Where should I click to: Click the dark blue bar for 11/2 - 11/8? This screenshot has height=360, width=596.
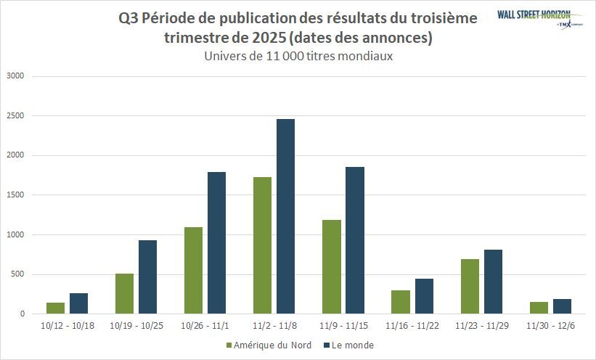(285, 216)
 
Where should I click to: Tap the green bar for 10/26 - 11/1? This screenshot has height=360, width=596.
(193, 270)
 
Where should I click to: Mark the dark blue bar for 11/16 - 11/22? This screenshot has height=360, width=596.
(423, 296)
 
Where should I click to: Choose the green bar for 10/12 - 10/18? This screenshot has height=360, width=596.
(56, 308)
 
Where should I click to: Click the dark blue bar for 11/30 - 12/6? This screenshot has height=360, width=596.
(561, 306)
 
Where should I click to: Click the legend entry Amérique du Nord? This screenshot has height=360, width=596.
(269, 345)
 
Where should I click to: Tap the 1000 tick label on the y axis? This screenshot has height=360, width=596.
(15, 234)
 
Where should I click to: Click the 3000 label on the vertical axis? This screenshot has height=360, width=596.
(15, 75)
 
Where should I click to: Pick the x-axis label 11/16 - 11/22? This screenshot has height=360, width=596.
(412, 326)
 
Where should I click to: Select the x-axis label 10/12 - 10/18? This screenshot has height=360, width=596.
(68, 326)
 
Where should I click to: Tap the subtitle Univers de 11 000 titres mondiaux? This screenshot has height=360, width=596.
(298, 56)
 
